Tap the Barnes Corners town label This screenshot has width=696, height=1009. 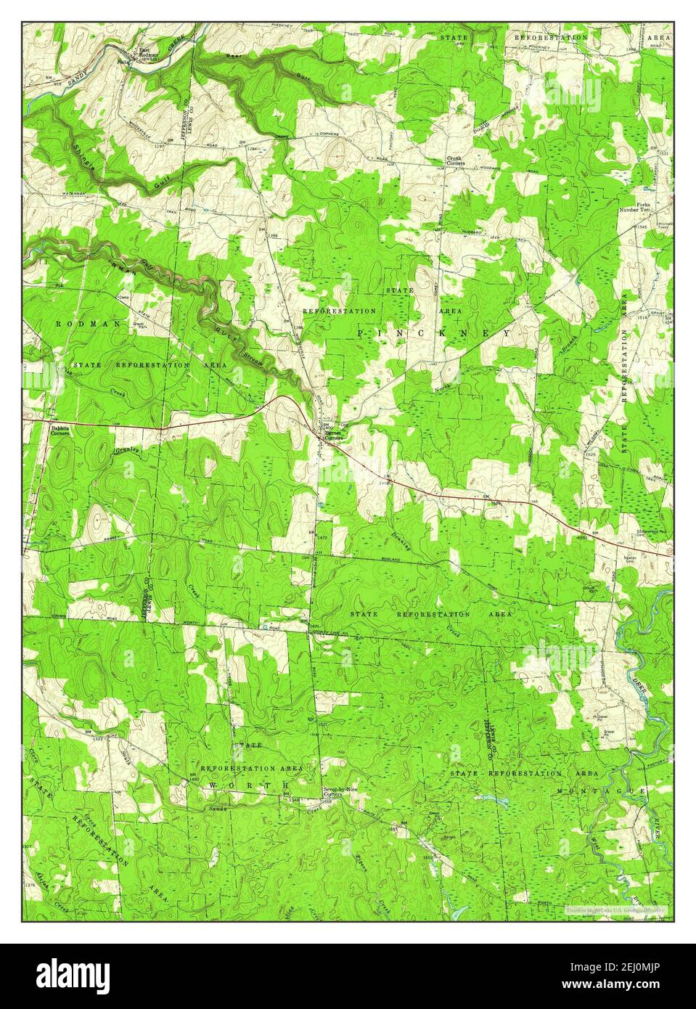click(333, 436)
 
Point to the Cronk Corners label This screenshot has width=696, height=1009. click(459, 161)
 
